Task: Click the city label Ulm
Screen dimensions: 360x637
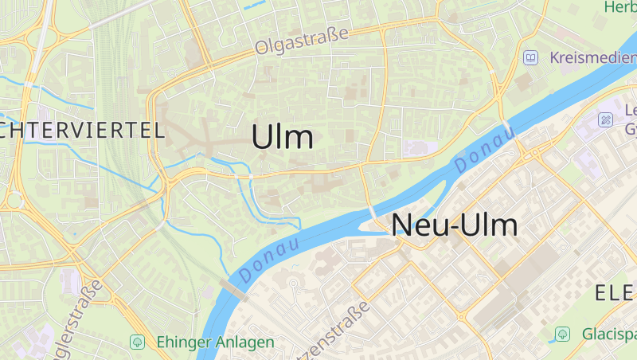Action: tap(282, 137)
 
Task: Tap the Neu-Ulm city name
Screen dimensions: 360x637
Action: tap(455, 225)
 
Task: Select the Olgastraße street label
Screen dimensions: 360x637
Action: tap(303, 41)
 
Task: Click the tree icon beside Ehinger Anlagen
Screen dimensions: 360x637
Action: tap(137, 342)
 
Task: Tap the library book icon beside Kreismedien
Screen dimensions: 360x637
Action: tap(530, 58)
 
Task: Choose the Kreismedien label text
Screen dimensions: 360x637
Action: tap(592, 58)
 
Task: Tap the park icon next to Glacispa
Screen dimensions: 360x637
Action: tap(563, 333)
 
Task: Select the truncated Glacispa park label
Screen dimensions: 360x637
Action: tap(608, 333)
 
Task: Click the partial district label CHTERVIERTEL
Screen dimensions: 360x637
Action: tap(83, 131)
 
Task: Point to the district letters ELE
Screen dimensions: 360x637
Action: tap(616, 294)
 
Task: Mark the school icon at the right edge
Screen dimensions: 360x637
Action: tap(606, 119)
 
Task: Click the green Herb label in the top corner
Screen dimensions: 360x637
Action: tap(620, 7)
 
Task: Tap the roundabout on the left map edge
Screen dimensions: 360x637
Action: tap(14, 200)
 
